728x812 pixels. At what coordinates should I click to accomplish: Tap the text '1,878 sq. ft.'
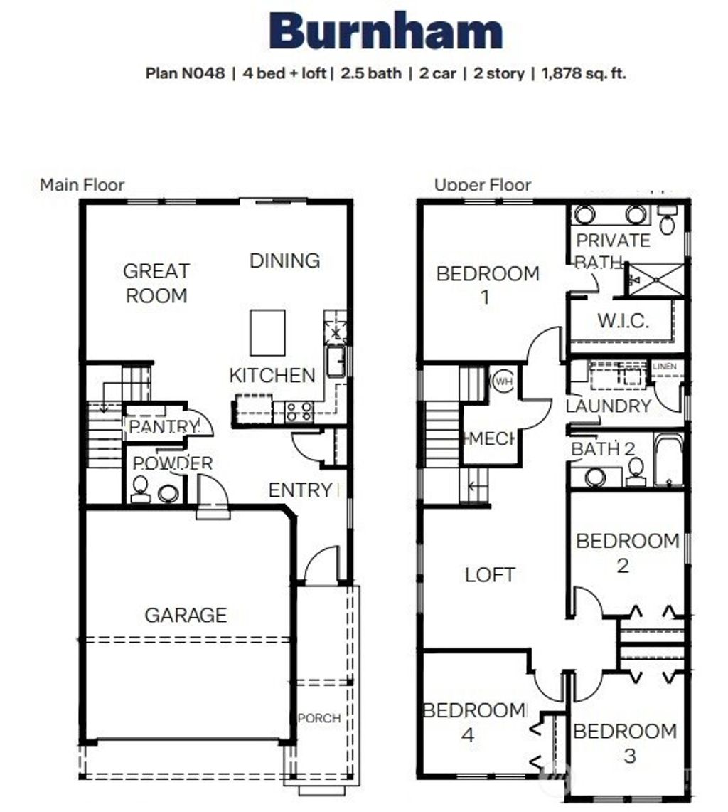pos(584,73)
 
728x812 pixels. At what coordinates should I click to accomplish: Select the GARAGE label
pos(186,615)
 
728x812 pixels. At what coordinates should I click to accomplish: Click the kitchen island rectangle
pos(268,332)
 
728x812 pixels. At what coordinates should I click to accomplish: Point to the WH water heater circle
pos(503,381)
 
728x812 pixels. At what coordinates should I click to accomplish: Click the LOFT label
pos(490,574)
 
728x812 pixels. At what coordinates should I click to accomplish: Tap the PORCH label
pos(319,718)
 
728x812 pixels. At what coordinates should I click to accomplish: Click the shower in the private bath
pos(655,279)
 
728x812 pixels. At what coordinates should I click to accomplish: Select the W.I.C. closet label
pos(623,320)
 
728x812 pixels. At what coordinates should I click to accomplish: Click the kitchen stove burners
pos(299,412)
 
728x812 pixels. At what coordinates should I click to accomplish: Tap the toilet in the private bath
pos(667,222)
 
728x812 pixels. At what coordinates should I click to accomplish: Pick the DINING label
pos(284,260)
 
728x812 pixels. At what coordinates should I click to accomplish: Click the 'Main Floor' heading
pos(82,185)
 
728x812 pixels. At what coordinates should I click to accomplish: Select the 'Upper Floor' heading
pos(483,185)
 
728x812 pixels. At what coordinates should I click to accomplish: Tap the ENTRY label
pos(300,490)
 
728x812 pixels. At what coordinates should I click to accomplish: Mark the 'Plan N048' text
pos(185,73)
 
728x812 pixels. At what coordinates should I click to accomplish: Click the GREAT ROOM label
pos(156,283)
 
